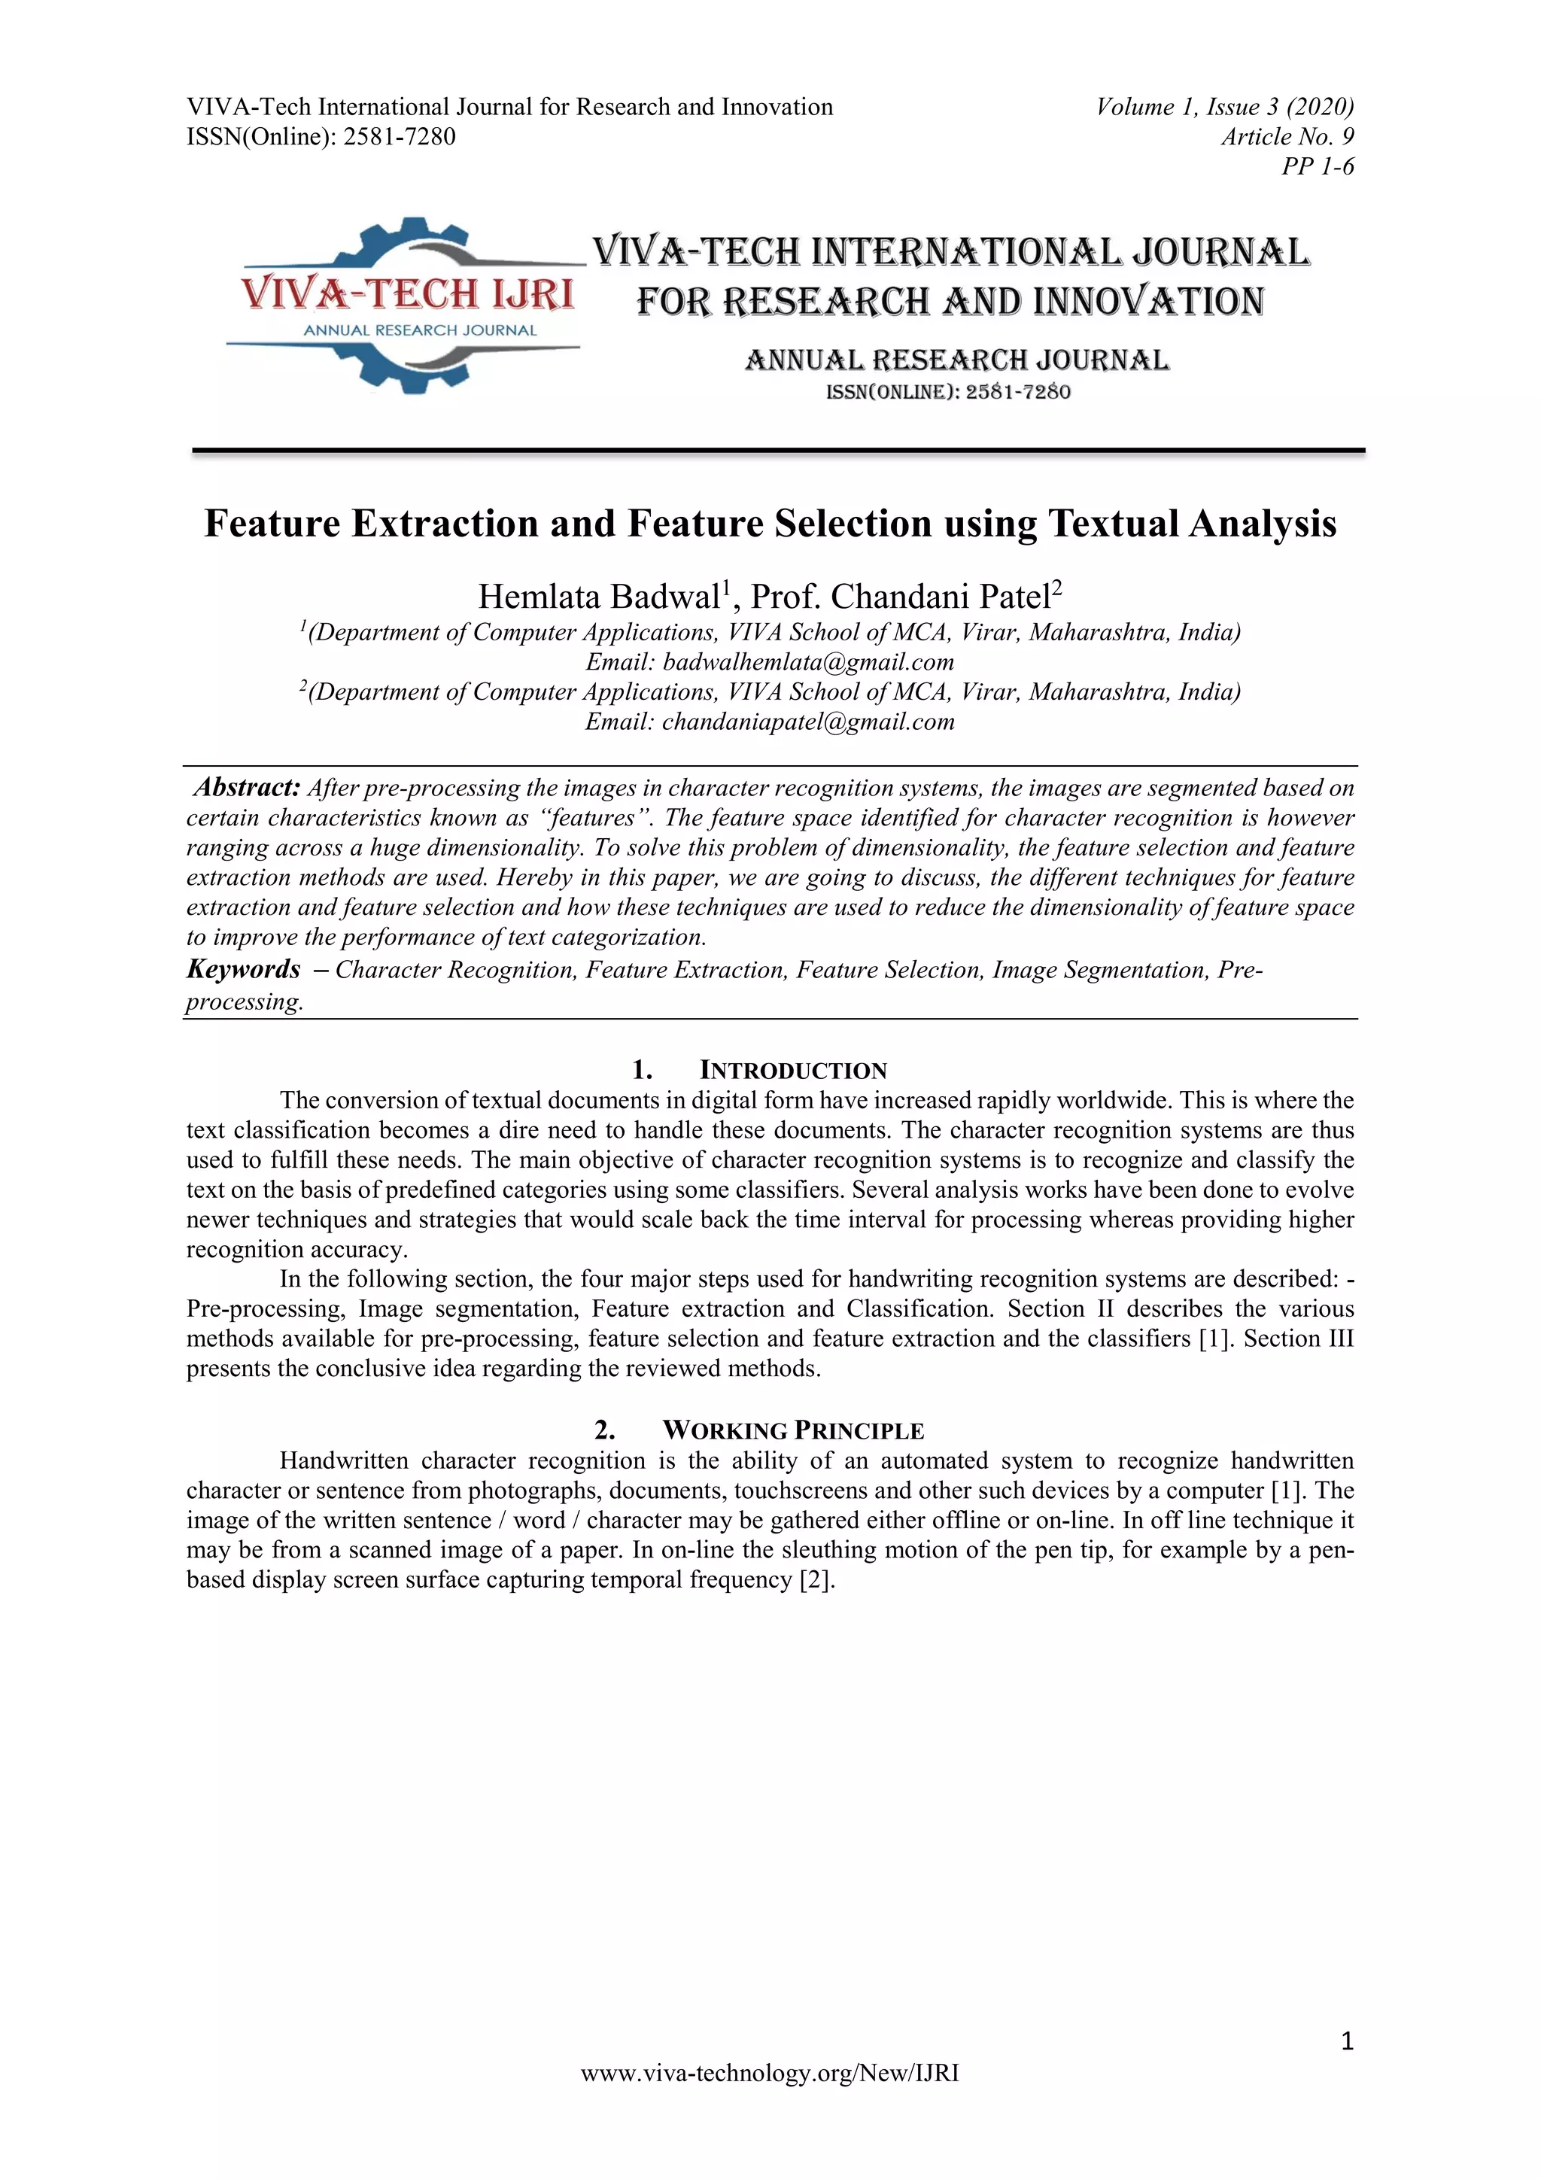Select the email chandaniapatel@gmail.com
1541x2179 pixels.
click(808, 722)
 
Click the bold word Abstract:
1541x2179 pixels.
click(248, 787)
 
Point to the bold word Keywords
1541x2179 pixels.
click(244, 969)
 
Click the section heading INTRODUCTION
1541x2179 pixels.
click(792, 1071)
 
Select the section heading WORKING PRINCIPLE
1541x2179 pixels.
click(792, 1430)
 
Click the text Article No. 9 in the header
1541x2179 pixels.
click(1287, 137)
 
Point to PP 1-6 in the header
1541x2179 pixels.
click(1318, 167)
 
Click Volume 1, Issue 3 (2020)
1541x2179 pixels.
click(1225, 106)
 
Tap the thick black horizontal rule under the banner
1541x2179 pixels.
click(778, 451)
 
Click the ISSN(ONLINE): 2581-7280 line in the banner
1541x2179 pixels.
click(949, 392)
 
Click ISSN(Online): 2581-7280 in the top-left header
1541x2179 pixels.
click(321, 137)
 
